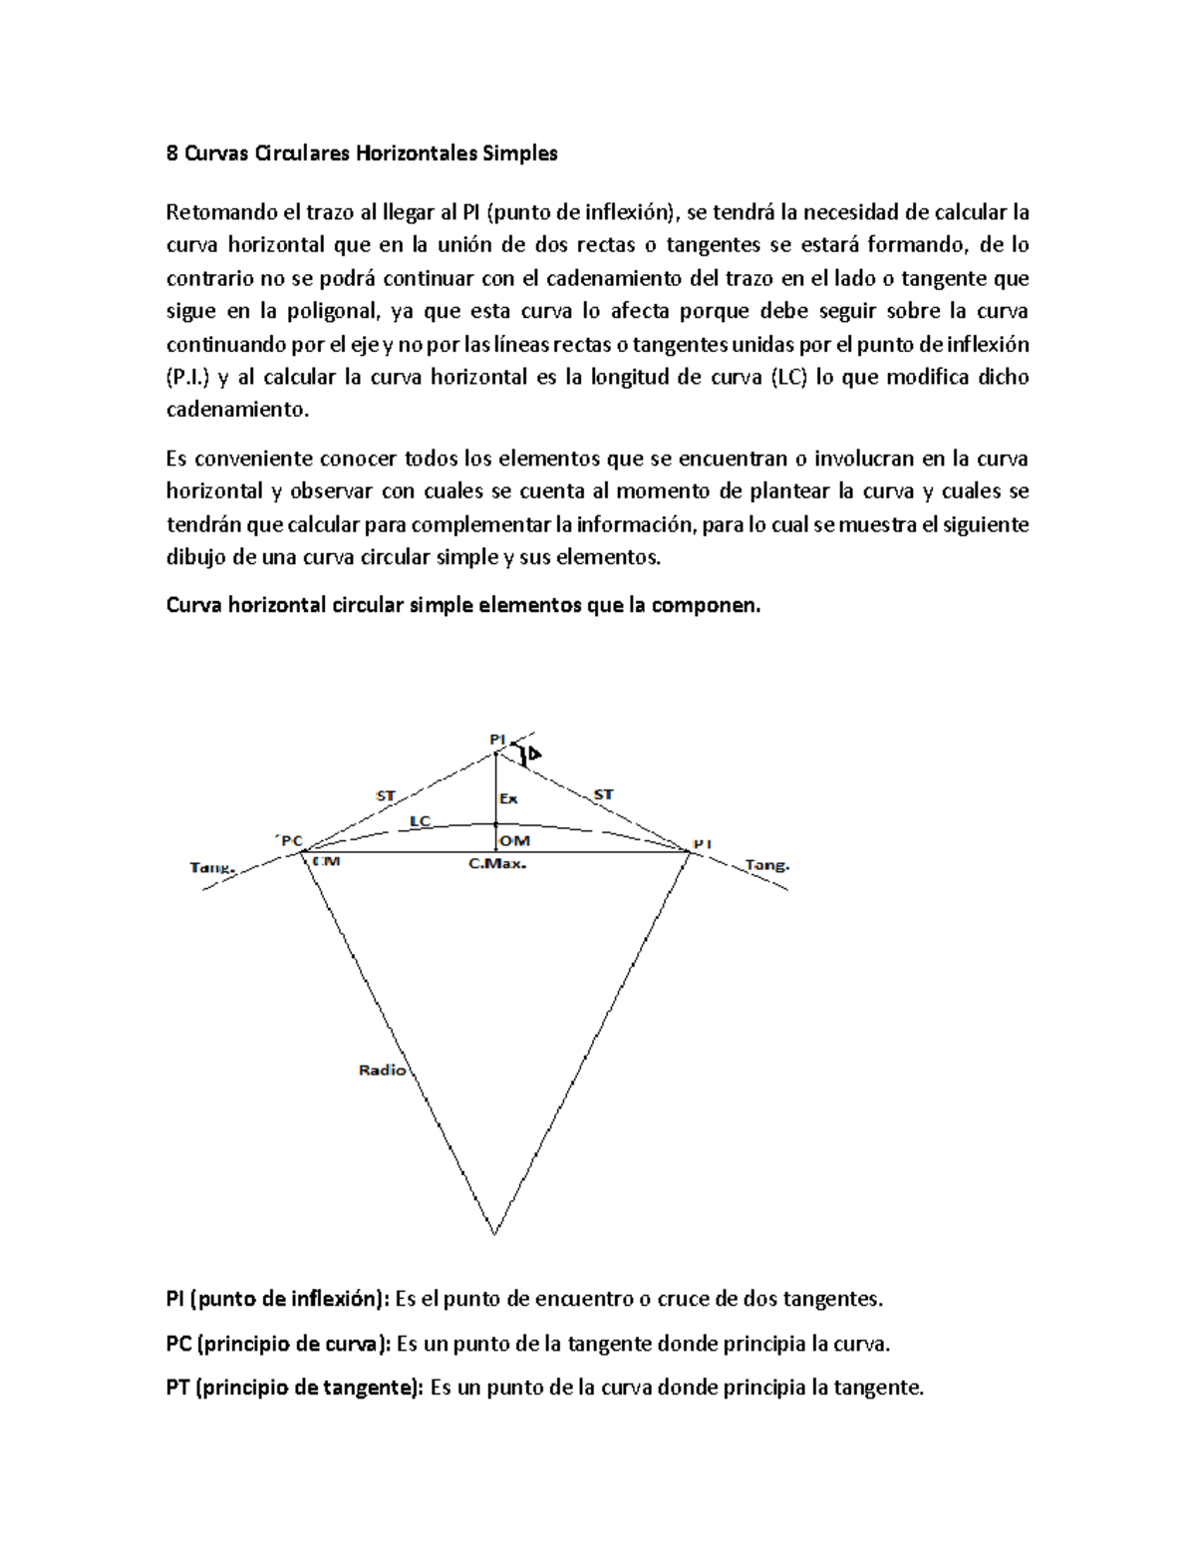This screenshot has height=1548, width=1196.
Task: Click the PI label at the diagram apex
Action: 497,739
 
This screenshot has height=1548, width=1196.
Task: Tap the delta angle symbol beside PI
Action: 534,754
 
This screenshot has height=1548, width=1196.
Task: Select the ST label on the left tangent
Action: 385,795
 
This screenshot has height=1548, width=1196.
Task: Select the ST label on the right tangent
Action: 603,793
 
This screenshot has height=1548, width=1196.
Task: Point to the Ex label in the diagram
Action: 508,798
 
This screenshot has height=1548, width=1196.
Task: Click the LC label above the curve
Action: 420,820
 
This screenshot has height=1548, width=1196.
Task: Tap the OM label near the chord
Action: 514,841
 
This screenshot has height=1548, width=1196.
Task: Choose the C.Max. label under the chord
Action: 496,864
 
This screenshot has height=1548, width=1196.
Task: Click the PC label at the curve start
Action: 287,839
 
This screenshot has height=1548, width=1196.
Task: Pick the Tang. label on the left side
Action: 212,867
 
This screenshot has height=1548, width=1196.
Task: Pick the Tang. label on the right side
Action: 767,866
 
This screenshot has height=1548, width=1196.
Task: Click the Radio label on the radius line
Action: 382,1070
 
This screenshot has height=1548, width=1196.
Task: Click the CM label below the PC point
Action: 326,861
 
